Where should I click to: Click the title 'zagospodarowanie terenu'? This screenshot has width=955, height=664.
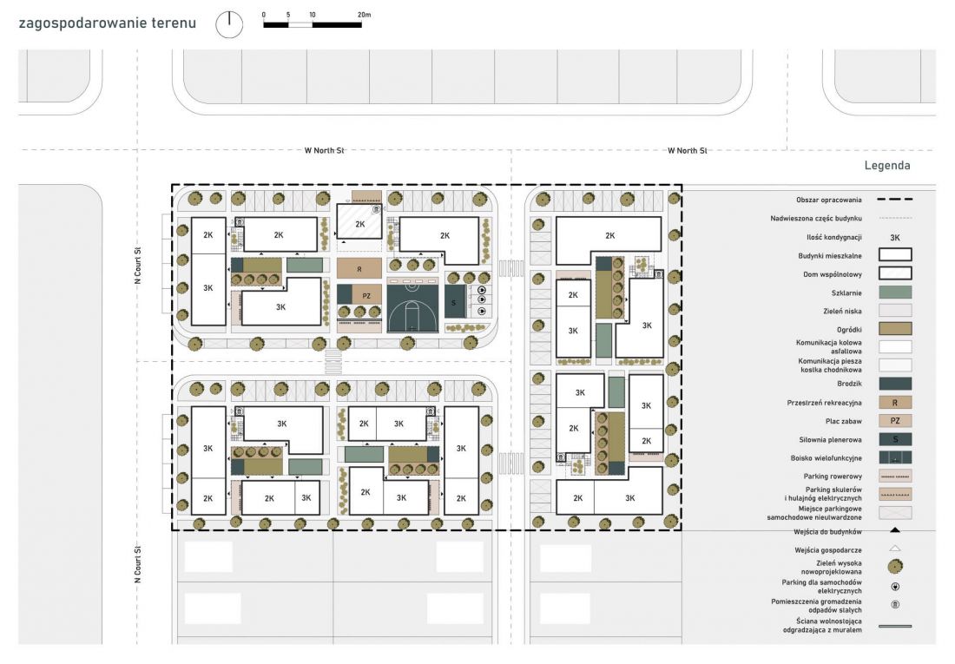click(107, 23)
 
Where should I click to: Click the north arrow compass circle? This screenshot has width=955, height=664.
click(229, 24)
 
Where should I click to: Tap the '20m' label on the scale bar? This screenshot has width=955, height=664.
click(364, 15)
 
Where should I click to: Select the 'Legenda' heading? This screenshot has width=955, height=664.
click(886, 165)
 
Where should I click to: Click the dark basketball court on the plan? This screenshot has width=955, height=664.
click(412, 305)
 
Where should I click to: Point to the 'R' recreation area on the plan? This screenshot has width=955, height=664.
click(359, 268)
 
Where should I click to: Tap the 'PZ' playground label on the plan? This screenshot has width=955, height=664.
click(366, 296)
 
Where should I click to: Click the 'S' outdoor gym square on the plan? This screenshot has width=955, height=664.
click(454, 301)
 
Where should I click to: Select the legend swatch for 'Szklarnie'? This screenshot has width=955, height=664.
click(895, 293)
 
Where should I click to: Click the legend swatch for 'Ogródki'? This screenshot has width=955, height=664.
click(895, 329)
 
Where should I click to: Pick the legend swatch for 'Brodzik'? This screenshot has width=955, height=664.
click(895, 384)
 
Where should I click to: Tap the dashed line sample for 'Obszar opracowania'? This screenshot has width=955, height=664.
click(895, 200)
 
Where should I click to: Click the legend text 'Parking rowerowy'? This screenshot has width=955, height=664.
click(832, 477)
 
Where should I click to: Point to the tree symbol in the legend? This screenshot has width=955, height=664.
click(895, 567)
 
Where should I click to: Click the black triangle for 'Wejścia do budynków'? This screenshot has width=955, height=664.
click(895, 530)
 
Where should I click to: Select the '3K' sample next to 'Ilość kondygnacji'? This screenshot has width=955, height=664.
click(895, 238)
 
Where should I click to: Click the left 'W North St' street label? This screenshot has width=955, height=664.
click(324, 150)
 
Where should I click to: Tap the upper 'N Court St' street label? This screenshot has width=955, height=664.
click(138, 266)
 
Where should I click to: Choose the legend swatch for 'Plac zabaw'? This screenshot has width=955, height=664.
click(895, 421)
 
